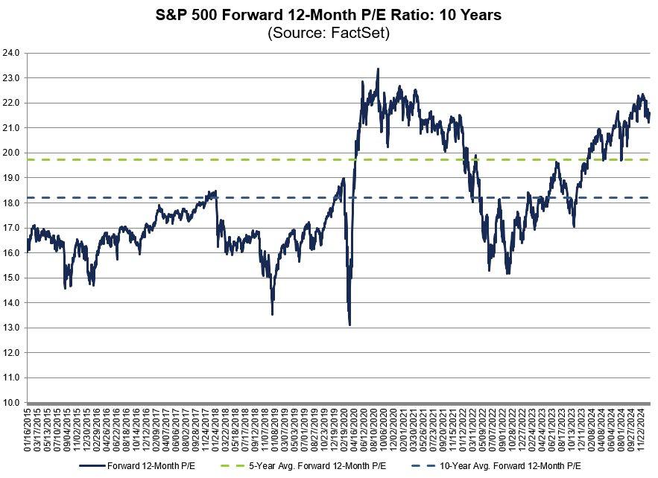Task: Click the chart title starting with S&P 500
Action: tap(329, 14)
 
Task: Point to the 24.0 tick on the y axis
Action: tap(13, 53)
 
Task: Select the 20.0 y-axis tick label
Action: tap(13, 153)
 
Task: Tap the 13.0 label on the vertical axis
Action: tap(13, 328)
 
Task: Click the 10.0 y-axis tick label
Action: tap(13, 403)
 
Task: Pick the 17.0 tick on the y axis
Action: tap(13, 228)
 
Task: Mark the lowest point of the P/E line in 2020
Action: tap(349, 325)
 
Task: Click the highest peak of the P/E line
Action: tap(378, 69)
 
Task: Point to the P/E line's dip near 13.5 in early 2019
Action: tap(272, 314)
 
